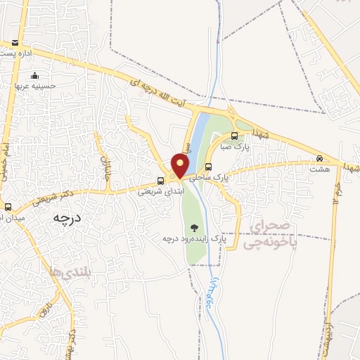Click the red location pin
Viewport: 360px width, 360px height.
(x=181, y=166)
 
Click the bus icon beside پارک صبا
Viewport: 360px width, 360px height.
(x=235, y=136)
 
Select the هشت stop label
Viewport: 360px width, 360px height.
(x=320, y=169)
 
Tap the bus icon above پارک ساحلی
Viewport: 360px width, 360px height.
(x=210, y=167)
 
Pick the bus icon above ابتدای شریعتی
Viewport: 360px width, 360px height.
(x=161, y=180)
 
